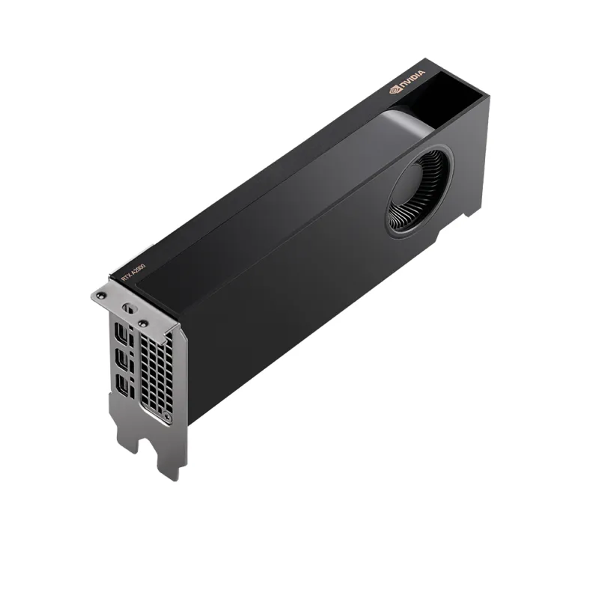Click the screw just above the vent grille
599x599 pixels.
click(141, 323)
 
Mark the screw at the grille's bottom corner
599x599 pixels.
click(167, 417)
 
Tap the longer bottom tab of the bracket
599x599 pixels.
click(171, 457)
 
